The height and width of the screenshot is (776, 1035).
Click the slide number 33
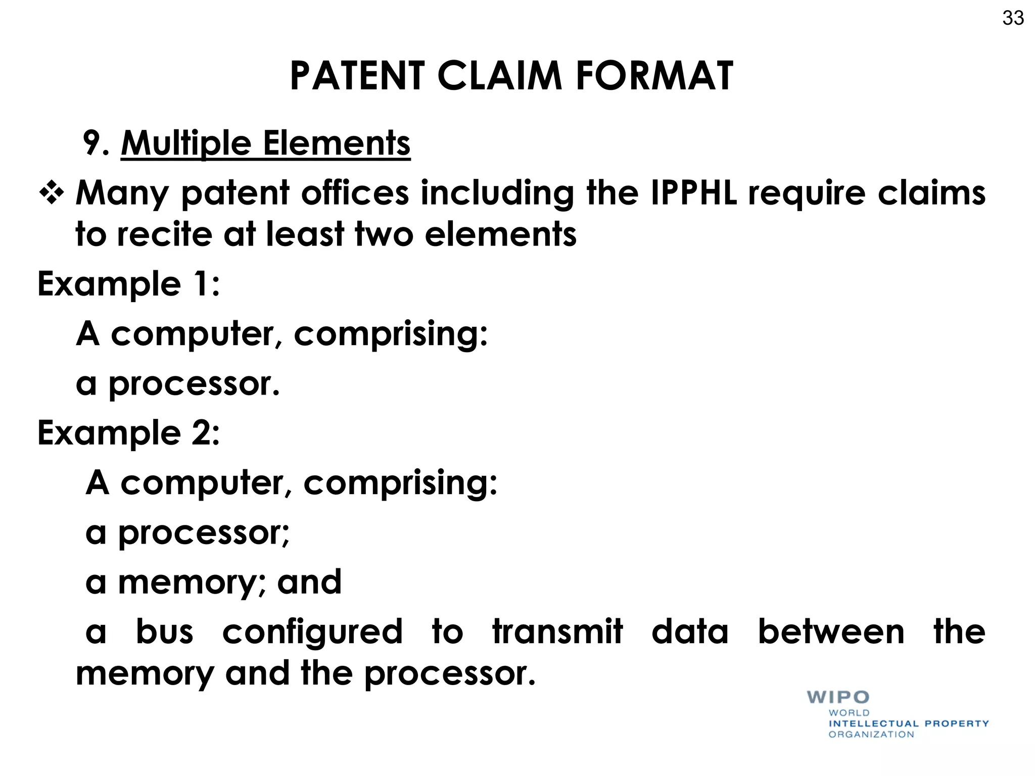point(1013,18)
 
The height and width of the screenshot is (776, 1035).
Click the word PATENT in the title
point(357,76)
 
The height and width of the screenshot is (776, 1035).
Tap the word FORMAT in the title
point(654,76)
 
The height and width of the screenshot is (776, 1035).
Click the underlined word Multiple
point(185,144)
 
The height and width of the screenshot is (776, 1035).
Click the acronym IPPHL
point(693,193)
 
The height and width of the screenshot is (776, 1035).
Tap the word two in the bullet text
point(384,234)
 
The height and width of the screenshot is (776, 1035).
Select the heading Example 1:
point(129,284)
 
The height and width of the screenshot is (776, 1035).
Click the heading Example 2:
point(129,433)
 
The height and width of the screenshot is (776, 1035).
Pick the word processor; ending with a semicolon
point(203,533)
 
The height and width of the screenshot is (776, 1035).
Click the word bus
point(165,632)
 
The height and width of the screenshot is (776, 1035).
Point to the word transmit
point(557,632)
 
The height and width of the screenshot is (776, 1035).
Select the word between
point(831,632)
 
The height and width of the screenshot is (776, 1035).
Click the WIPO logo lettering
point(838,697)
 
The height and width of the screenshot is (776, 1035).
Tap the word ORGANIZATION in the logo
point(871,735)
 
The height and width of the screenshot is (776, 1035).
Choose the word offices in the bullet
point(355,193)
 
